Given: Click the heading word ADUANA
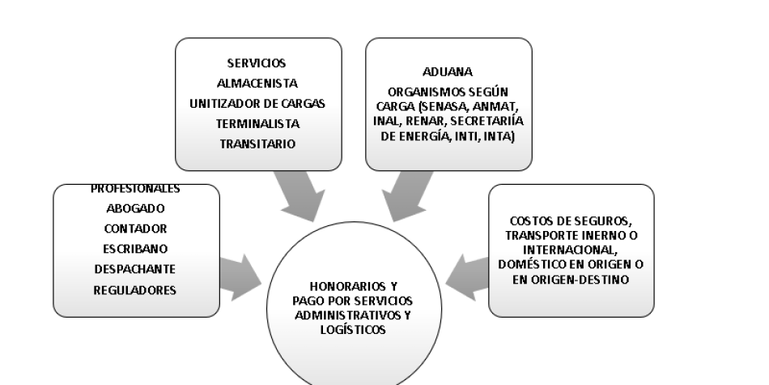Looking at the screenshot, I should click(x=448, y=72).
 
